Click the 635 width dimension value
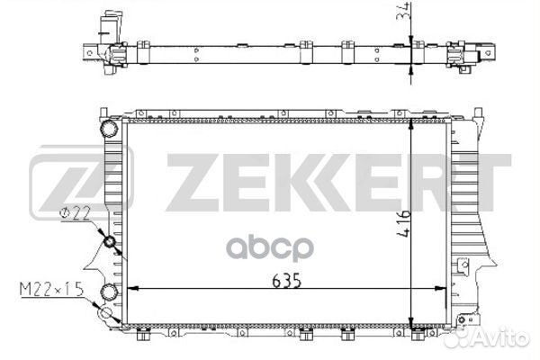(286, 281)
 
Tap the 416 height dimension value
(403, 223)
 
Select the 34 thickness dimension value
(403, 12)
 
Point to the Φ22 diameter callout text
(75, 213)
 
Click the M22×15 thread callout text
(51, 290)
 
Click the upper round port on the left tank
(109, 129)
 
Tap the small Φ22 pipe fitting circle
(110, 242)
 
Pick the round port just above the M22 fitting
(109, 292)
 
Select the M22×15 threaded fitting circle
(105, 313)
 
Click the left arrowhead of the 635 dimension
(132, 289)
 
